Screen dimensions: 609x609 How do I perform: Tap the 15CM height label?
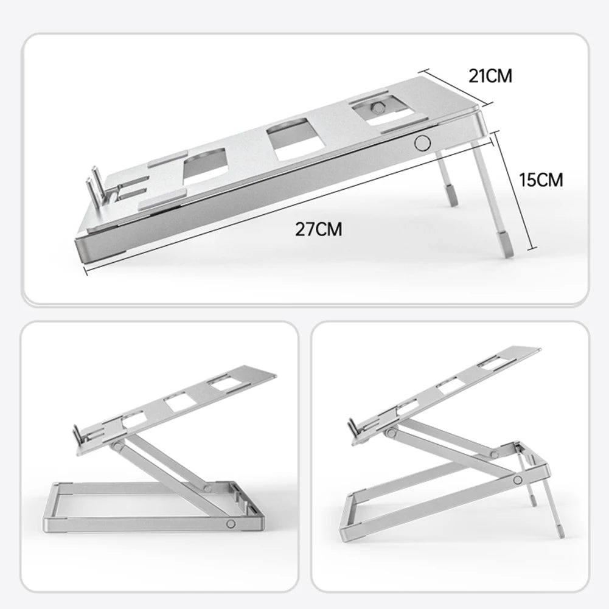541,179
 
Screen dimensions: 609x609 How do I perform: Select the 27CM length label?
318,229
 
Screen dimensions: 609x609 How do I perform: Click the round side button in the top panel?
421,143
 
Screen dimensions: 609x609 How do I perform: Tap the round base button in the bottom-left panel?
231,524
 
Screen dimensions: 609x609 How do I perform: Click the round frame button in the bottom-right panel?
517,480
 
